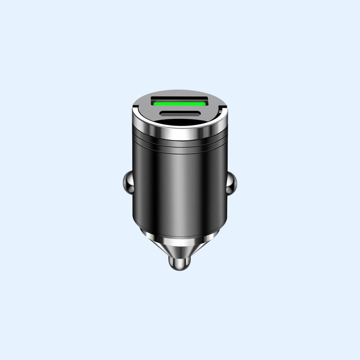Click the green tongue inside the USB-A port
[180, 104]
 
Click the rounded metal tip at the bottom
[180, 264]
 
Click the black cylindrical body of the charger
[180, 189]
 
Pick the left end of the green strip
[155, 104]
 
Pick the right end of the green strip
[205, 104]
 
